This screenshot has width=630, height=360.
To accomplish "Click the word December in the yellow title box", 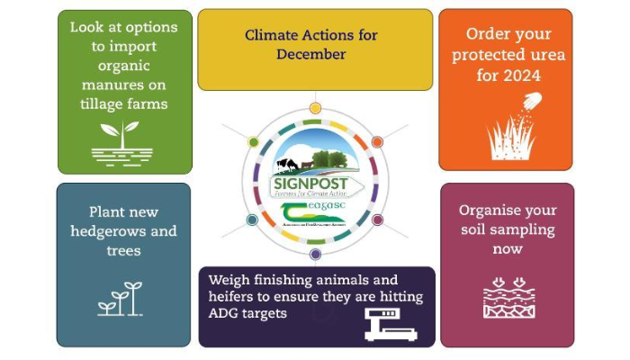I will tap(310, 54).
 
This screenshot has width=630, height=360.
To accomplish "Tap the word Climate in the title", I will tap(272, 35).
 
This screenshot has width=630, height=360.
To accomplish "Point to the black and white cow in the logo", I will tap(286, 164).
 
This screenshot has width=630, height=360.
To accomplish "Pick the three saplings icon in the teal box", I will tap(120, 299).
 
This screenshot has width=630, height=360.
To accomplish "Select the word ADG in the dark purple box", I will tap(223, 313).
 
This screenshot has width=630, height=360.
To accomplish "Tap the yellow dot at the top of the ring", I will tap(315, 108).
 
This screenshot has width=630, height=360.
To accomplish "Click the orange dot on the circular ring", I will tap(377, 142).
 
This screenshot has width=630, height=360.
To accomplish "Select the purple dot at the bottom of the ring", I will tap(315, 254).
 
